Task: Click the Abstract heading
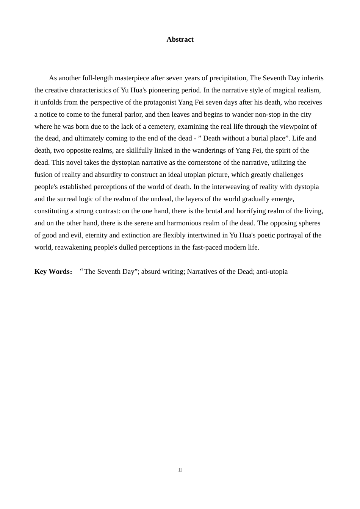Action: (x=180, y=39)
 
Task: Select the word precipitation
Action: (x=227, y=78)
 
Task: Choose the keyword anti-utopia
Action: (x=272, y=272)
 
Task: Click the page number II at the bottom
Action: (x=180, y=470)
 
